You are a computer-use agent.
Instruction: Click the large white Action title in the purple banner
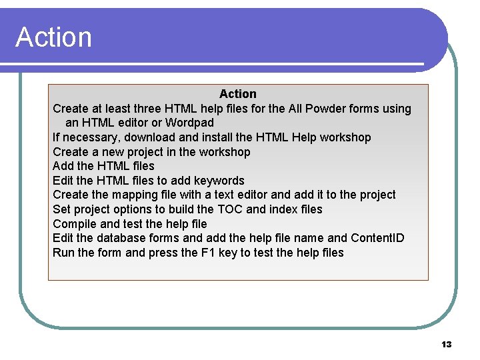54,37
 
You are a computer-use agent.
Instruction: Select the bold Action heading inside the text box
237,94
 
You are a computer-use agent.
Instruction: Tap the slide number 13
447,344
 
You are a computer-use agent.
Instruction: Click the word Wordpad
189,123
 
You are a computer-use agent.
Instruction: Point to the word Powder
325,109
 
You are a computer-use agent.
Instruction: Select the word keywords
219,181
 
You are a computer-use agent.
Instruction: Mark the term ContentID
377,238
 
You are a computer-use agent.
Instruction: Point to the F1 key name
191,253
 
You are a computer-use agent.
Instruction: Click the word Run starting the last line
63,253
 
